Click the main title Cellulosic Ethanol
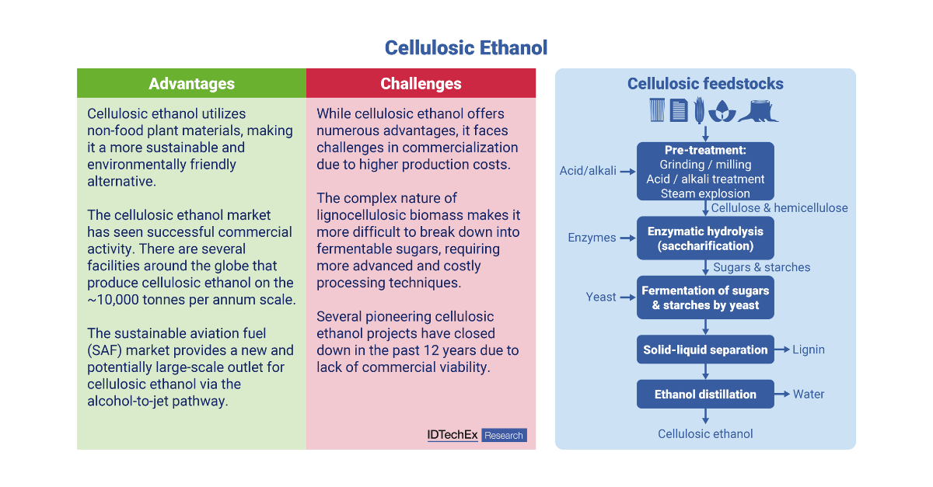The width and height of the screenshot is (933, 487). click(x=466, y=48)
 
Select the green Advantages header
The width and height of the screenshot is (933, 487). click(x=191, y=83)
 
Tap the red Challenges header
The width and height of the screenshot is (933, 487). click(x=421, y=83)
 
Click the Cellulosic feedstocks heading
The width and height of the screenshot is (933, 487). click(x=705, y=84)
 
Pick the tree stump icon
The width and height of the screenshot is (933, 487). click(x=758, y=111)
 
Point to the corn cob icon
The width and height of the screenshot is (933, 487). click(x=699, y=110)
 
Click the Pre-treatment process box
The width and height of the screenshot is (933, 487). click(x=705, y=171)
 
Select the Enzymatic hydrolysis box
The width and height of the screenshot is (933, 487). click(x=705, y=238)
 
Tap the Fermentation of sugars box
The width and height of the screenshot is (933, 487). click(x=705, y=297)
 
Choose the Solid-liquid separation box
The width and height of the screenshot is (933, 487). click(x=705, y=350)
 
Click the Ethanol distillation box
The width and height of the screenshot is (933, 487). click(x=705, y=394)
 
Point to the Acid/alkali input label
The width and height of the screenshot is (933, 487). click(x=588, y=171)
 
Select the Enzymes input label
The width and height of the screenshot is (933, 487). click(x=592, y=238)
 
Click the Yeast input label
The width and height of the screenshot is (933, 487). click(x=600, y=297)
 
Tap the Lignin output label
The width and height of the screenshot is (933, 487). click(x=809, y=350)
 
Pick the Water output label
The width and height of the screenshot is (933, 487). click(x=809, y=394)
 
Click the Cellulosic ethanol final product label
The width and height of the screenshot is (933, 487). click(x=705, y=433)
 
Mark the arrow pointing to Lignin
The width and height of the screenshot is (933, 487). click(x=782, y=350)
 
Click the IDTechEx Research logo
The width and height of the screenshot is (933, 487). click(x=477, y=435)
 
